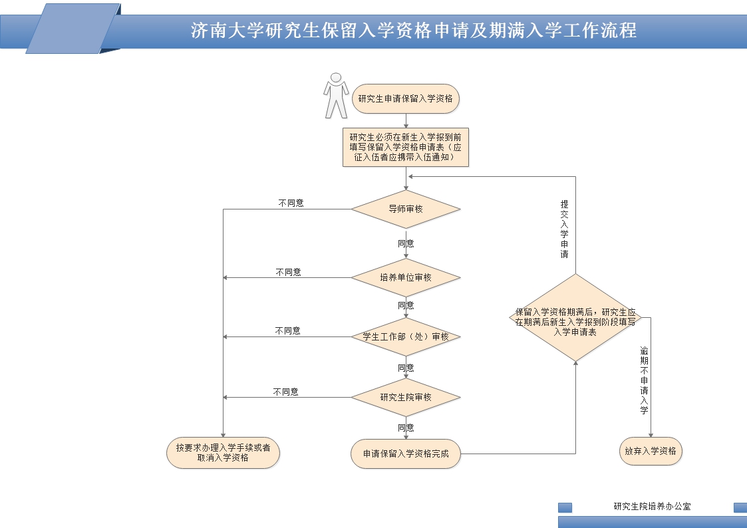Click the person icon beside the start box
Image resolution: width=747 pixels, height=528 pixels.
336,96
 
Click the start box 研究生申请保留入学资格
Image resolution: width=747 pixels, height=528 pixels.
405,99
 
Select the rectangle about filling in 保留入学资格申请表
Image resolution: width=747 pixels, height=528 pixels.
406,147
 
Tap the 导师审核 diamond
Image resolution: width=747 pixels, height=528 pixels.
406,209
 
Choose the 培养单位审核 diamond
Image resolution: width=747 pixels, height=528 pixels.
406,277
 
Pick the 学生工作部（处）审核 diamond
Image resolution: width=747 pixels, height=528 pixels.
406,336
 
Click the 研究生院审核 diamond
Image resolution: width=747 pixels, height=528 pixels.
406,397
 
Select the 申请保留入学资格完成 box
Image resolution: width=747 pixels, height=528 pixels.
406,454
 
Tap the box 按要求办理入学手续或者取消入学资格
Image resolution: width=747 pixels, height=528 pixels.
223,453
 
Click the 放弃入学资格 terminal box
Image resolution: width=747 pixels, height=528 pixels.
651,451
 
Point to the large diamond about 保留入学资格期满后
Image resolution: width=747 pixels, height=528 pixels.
575,317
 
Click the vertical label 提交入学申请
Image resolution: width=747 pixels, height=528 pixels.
564,229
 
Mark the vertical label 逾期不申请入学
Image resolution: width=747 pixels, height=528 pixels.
643,380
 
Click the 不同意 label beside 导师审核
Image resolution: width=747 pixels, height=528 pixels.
291,203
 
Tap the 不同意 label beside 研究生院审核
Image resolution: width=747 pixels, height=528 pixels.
285,392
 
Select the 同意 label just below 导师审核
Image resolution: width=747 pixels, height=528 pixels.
406,243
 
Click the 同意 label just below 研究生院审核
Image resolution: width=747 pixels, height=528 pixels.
406,428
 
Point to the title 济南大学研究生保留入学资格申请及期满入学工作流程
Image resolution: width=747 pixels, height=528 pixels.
414,31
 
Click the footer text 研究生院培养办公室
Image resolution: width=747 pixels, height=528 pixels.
652,506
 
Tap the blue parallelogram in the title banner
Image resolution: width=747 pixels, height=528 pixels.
73,29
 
